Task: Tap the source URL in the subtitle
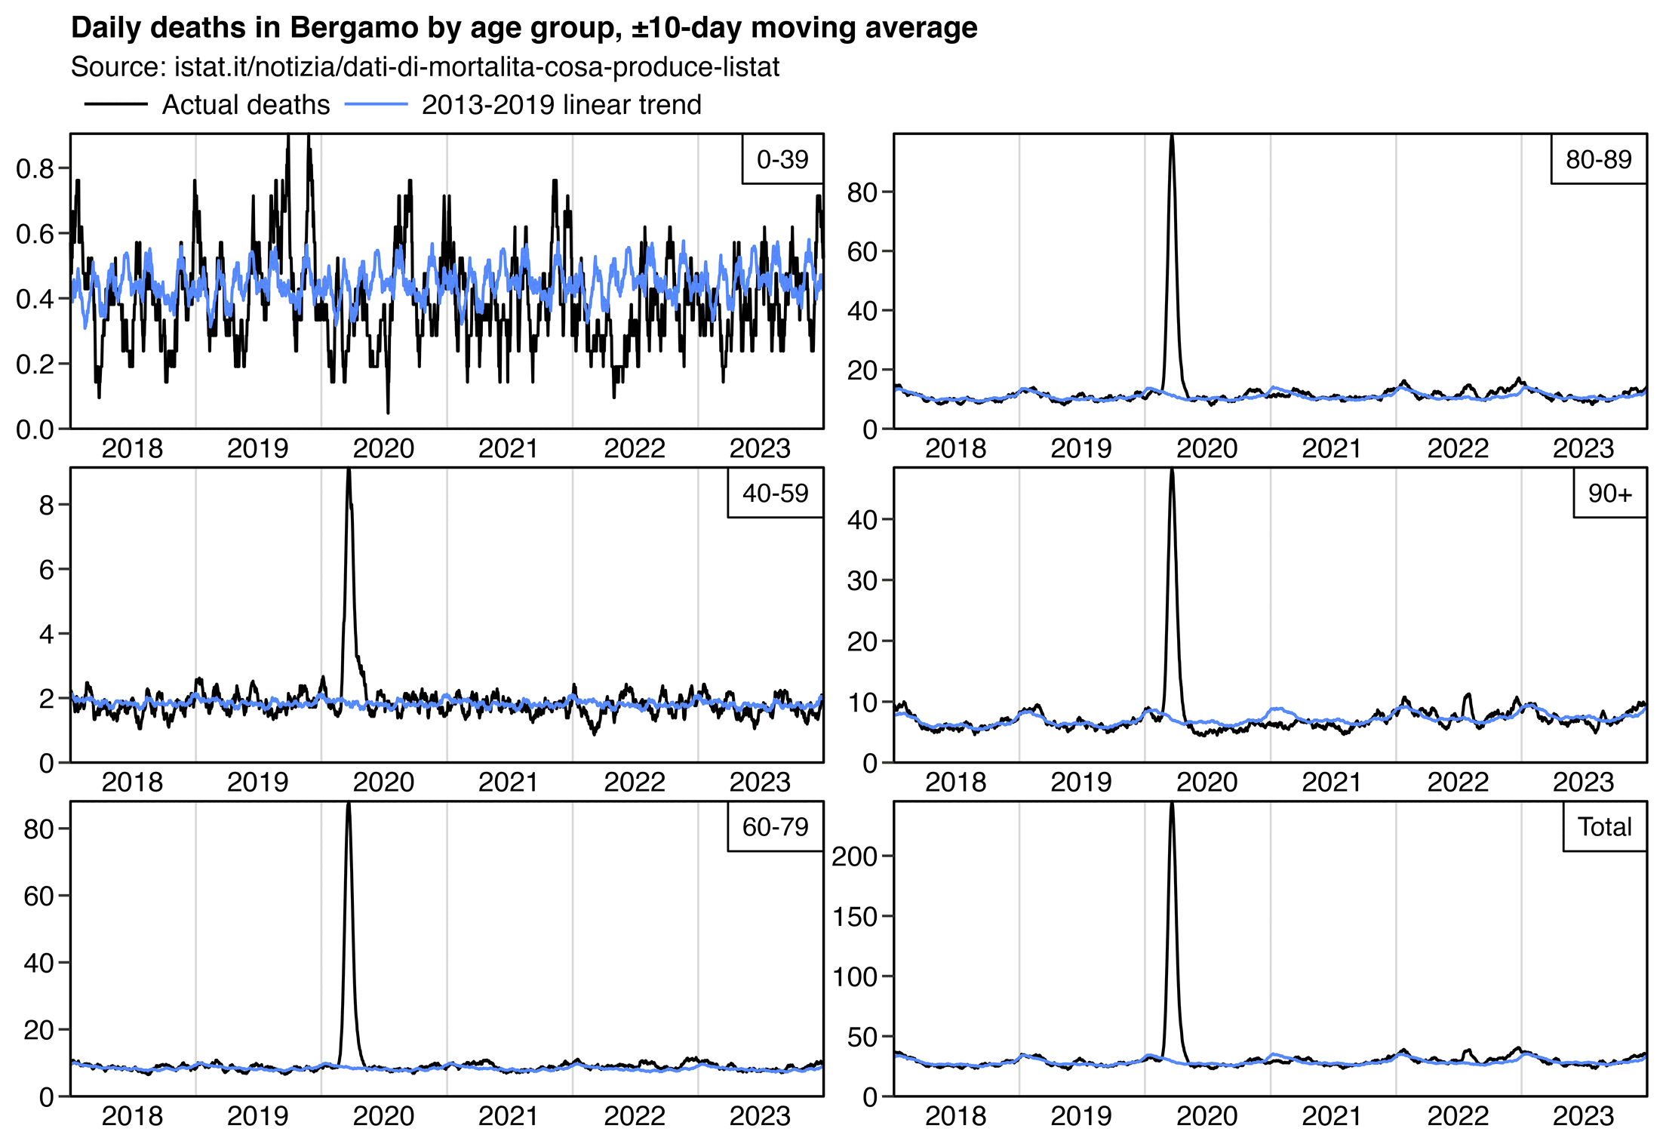point(476,67)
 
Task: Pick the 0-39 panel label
point(782,159)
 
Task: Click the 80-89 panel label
point(1598,159)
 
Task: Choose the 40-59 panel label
point(775,494)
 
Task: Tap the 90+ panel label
point(1609,494)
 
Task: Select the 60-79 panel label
point(775,827)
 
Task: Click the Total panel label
point(1604,827)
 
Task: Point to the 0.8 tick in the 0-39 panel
point(35,168)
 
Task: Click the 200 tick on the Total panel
point(855,856)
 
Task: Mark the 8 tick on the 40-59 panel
point(47,505)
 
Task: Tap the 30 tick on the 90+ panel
point(862,581)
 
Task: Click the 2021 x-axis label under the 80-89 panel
point(1332,449)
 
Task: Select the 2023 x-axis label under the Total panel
point(1582,1117)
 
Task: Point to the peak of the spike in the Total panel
point(1172,806)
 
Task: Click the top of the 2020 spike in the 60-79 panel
point(349,806)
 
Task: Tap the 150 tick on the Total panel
point(855,917)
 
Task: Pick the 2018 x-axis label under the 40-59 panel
point(132,783)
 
